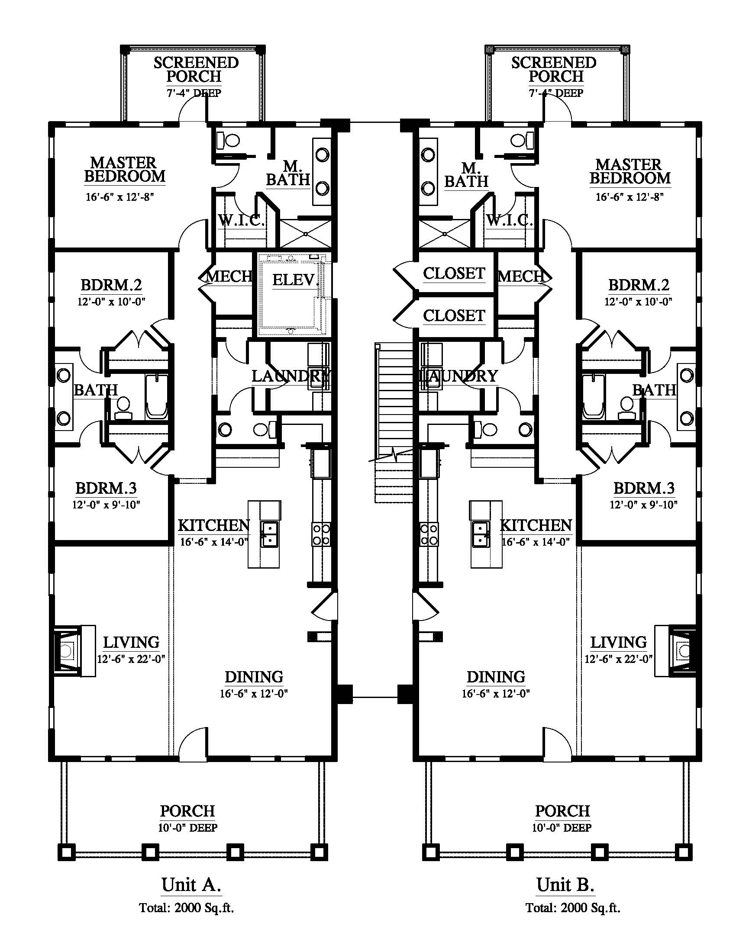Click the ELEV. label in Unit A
coord(296,280)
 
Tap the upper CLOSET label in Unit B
coord(454,274)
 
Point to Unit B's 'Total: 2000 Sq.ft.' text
coord(572,907)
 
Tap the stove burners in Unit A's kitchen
coord(321,534)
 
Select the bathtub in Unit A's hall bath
coord(157,396)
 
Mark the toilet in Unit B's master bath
coord(522,140)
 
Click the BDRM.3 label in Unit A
coord(107,488)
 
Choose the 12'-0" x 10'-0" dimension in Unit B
coord(638,301)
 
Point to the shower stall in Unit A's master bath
coord(305,234)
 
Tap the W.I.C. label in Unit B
coord(510,220)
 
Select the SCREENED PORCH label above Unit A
coord(196,69)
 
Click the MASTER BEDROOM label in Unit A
coord(125,170)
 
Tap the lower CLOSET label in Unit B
coord(454,315)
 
